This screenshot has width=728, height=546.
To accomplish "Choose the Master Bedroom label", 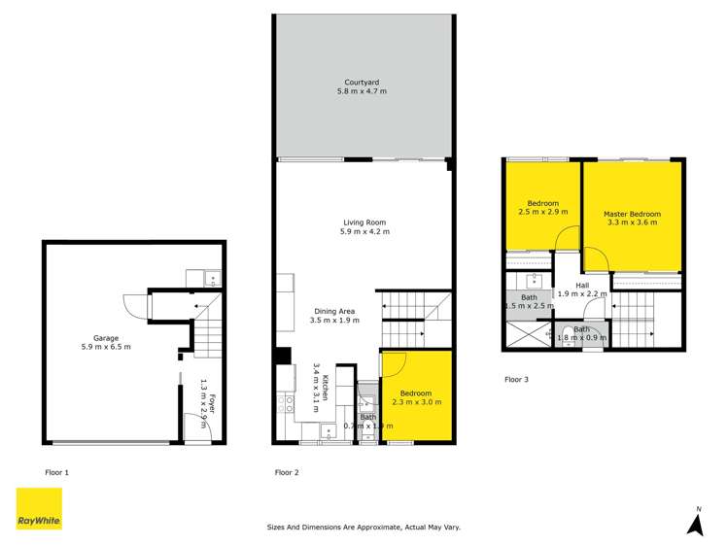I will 632,214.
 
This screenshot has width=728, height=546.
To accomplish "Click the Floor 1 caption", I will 57,472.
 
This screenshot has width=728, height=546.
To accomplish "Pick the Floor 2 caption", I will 286,472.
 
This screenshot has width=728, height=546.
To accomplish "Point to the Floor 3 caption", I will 516,379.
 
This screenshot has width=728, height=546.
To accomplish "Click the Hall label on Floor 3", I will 582,285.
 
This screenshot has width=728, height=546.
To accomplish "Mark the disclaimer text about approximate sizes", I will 364,528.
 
